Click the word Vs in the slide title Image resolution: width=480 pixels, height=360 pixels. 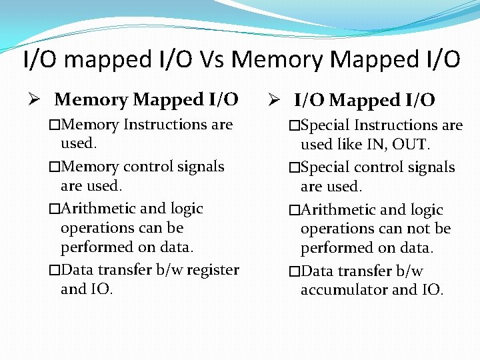click(x=212, y=60)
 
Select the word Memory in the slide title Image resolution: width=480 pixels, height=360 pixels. click(x=277, y=60)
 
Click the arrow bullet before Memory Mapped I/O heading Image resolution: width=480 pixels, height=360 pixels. click(x=39, y=99)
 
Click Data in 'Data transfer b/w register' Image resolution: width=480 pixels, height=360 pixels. click(x=77, y=270)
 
